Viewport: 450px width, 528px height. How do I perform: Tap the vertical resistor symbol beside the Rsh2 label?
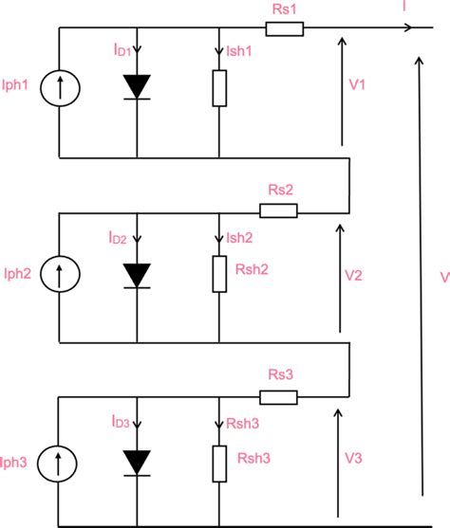tap(219, 272)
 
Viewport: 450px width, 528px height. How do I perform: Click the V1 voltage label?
tap(359, 84)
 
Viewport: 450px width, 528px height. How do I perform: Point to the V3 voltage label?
tap(353, 460)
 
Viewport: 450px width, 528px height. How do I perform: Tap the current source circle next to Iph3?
tap(60, 463)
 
